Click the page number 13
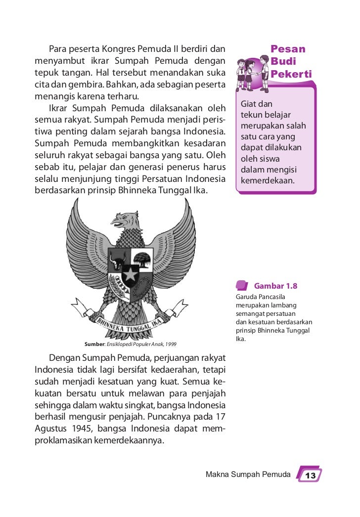[x=310, y=475]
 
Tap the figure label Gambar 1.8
[x=275, y=286]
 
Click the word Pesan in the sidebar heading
[x=288, y=49]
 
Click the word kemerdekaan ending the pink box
[x=267, y=180]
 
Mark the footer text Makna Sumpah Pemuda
[x=248, y=475]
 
